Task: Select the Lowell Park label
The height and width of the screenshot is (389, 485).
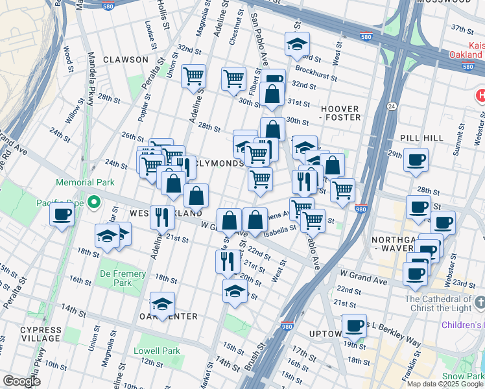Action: tap(156, 351)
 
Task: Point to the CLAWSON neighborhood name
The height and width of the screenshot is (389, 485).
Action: tap(125, 60)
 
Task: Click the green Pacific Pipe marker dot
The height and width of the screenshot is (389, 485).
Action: tap(94, 204)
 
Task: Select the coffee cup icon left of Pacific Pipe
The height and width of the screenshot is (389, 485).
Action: tap(62, 214)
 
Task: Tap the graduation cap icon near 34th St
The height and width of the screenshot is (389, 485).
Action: tap(297, 44)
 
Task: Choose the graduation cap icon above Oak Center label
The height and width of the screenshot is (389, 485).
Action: tap(162, 303)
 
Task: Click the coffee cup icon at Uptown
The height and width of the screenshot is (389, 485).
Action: tap(354, 325)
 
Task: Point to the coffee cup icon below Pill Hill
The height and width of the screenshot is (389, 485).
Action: tap(416, 159)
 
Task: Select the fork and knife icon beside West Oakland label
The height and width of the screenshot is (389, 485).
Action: tap(162, 217)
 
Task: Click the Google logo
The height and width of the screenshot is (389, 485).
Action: tap(21, 381)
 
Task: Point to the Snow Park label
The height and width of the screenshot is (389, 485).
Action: tap(462, 377)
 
